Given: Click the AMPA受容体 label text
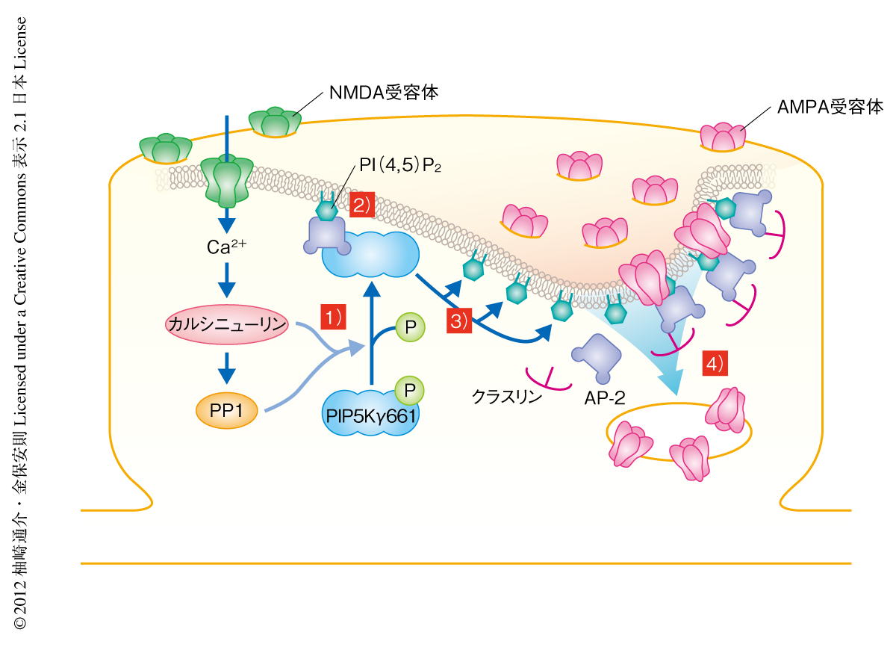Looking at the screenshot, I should click(x=830, y=106).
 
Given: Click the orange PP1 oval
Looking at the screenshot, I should click(x=226, y=409).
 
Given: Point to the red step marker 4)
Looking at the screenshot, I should click(x=714, y=364).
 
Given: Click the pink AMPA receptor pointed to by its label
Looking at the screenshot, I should click(x=723, y=137).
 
